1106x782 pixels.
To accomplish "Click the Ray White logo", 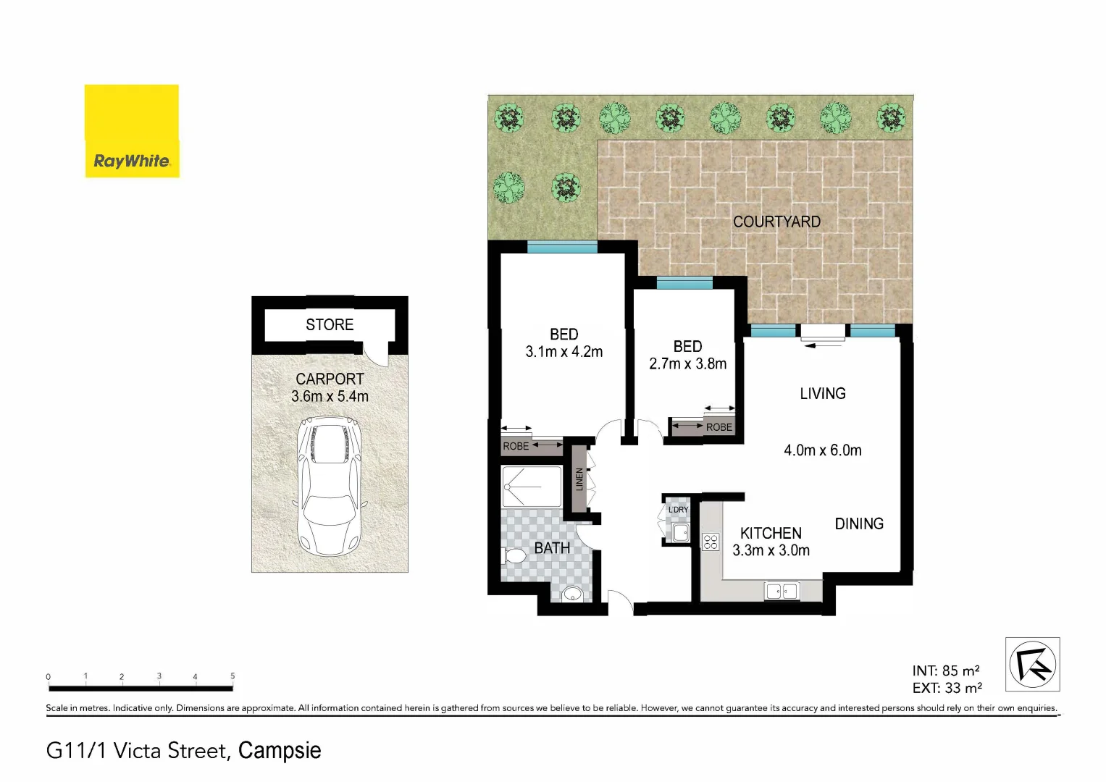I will [131, 131].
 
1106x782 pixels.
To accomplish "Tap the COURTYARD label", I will [776, 222].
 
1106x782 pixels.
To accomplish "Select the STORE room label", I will [330, 324].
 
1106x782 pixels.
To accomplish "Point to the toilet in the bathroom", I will [514, 557].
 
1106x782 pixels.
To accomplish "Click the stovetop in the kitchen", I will [711, 542].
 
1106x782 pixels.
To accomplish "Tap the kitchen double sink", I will [782, 592].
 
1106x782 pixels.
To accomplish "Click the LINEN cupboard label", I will [579, 479].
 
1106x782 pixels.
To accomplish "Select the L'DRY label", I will [678, 510].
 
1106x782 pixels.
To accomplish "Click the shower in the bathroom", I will [531, 487].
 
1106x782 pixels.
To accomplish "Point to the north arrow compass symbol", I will [1032, 665].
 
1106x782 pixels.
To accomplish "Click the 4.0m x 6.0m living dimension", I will [822, 450].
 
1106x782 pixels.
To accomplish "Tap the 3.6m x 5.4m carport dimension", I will [330, 397].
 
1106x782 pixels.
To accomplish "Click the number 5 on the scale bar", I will [232, 676].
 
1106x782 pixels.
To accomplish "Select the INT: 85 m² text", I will [946, 670].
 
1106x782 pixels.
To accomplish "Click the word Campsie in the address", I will [280, 750].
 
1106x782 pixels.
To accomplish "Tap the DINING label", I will [859, 524].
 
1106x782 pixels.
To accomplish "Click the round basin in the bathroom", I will [572, 595].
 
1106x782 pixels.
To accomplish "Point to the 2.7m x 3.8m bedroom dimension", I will [687, 363].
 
